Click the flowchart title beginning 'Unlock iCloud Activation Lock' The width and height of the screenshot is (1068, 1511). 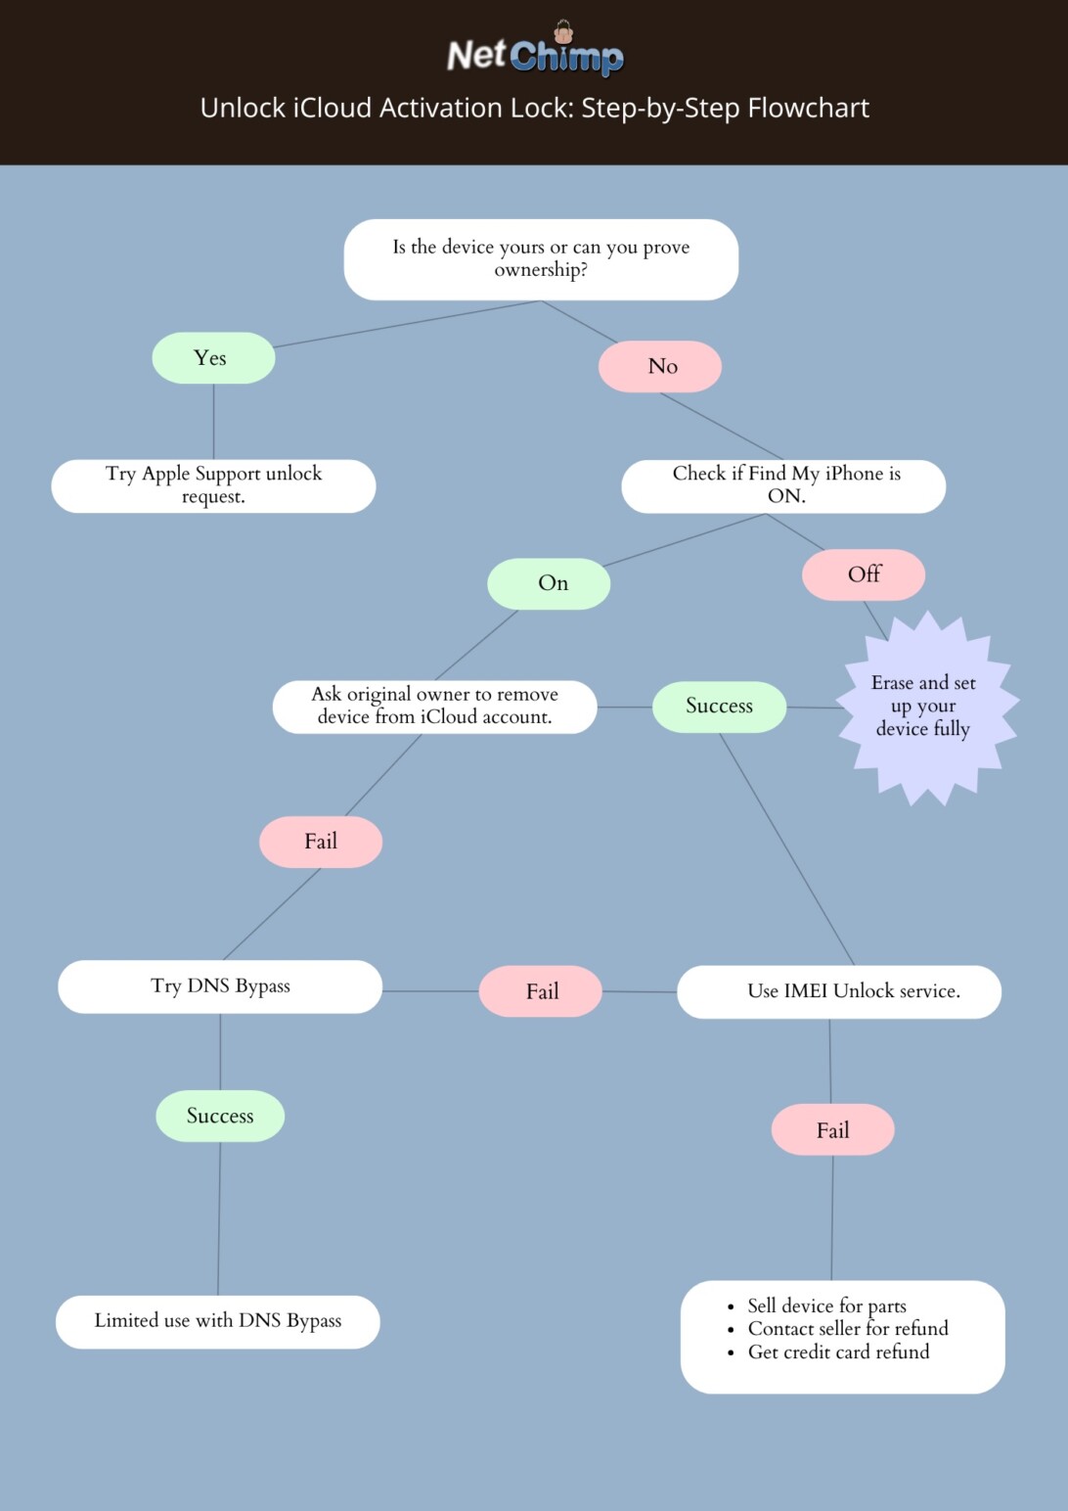535,108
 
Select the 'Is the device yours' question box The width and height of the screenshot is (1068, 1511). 541,259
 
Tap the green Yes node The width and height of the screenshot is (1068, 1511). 214,358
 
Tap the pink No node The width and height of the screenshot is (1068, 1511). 660,366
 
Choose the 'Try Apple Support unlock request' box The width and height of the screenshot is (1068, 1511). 214,486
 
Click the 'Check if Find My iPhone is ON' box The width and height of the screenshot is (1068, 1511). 783,486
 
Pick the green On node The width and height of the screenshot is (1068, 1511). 549,583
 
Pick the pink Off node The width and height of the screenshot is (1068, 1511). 864,574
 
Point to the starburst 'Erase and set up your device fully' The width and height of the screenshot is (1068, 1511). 926,708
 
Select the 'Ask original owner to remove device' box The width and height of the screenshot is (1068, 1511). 435,707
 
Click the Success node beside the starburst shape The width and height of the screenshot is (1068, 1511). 720,707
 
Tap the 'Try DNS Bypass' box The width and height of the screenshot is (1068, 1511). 220,986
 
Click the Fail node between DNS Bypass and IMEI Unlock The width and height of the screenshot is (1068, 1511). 541,991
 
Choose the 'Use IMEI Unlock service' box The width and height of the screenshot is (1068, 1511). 839,992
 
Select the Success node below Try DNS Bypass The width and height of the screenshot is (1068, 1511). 220,1117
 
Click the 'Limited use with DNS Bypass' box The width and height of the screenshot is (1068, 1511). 218,1322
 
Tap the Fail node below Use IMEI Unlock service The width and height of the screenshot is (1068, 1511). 833,1130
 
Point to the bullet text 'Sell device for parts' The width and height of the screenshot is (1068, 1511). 826,1306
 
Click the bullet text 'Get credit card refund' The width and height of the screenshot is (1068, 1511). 839,1352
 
